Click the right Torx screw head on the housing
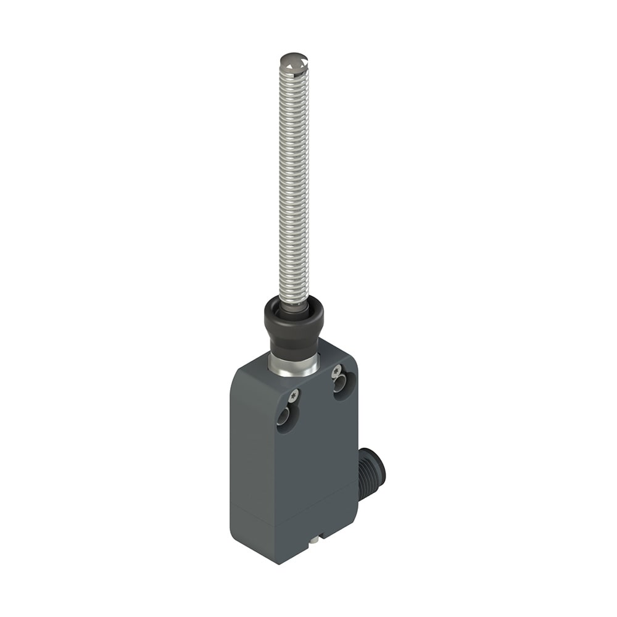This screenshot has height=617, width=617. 337,371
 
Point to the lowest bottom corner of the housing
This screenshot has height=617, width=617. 279,563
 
